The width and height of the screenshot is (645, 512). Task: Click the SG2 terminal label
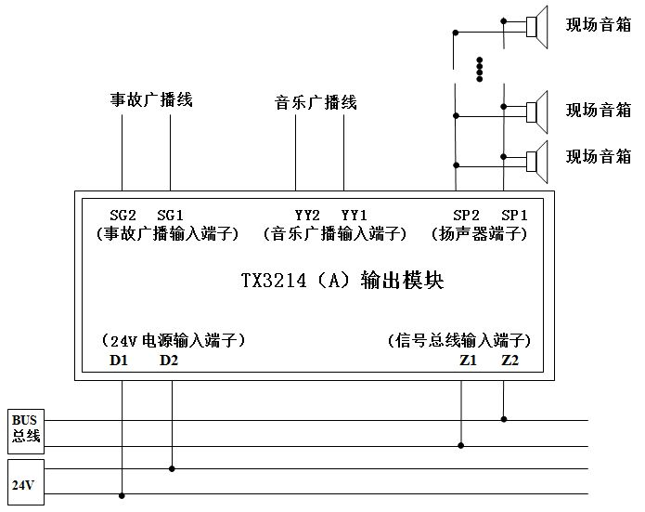(123, 216)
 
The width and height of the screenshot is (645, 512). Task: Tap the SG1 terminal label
(171, 216)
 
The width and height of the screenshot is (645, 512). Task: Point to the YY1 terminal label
(354, 216)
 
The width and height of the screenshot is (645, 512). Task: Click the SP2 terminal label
(466, 216)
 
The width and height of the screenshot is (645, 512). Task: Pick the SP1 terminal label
(514, 216)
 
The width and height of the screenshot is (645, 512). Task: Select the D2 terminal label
(169, 361)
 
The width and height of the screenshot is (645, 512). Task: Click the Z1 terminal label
(467, 361)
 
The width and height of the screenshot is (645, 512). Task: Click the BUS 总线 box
(25, 429)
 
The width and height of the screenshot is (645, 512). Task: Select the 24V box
(23, 483)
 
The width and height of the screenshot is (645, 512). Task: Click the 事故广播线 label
(151, 99)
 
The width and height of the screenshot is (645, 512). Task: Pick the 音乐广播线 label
(316, 101)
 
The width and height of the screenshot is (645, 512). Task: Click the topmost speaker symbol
(536, 24)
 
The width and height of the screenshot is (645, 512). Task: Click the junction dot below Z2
(504, 419)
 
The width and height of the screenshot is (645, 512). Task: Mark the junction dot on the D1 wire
(122, 495)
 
